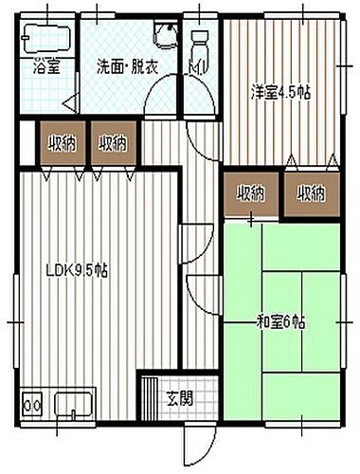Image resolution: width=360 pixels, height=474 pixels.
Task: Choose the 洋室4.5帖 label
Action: coord(279,92)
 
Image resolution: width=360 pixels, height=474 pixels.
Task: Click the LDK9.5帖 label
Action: coord(78,270)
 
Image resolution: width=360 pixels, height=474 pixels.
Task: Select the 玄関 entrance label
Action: coord(180,397)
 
